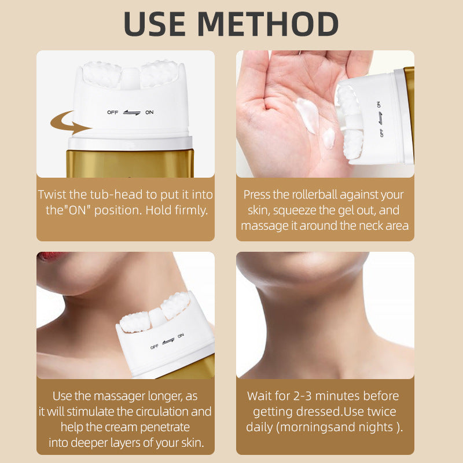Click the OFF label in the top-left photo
pyautogui.click(x=112, y=112)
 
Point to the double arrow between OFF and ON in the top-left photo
pyautogui.click(x=131, y=112)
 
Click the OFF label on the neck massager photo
pyautogui.click(x=155, y=347)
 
